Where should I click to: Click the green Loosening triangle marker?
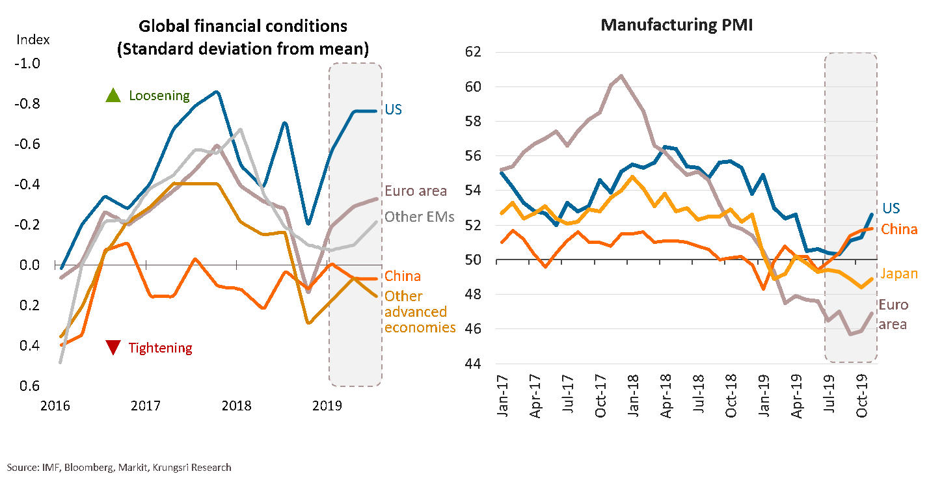(113, 96)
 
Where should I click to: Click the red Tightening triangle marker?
(113, 348)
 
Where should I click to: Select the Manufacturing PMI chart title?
(676, 25)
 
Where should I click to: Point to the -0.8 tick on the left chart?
(28, 104)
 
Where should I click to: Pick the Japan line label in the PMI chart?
(899, 274)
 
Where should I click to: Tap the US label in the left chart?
(393, 109)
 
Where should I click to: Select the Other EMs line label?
(419, 217)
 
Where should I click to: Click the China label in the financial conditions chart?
(402, 276)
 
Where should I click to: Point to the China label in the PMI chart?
(899, 229)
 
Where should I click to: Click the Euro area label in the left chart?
(415, 191)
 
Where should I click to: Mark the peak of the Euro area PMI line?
(621, 75)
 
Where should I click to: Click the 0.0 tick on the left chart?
(30, 265)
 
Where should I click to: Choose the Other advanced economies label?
(420, 312)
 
